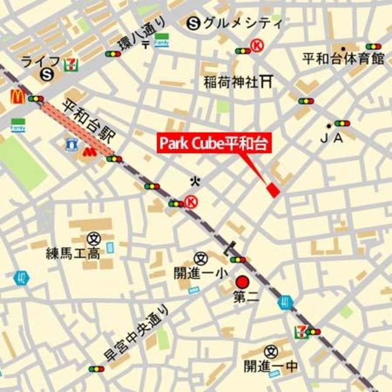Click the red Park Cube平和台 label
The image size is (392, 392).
click(x=214, y=144)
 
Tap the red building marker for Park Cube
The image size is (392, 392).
click(x=273, y=190)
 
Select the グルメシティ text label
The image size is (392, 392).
click(x=244, y=24)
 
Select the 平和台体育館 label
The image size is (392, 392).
click(x=343, y=59)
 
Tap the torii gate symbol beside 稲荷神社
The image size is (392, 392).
click(x=266, y=80)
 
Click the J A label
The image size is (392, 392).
click(x=331, y=138)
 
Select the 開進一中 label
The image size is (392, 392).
click(x=270, y=366)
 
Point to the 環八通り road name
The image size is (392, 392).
click(x=143, y=35)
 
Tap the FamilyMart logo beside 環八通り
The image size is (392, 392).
click(x=162, y=40)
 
